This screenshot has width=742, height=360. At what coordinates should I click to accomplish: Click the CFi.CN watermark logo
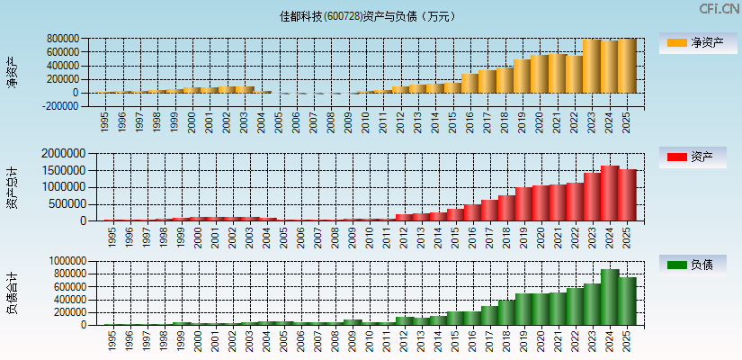(719, 9)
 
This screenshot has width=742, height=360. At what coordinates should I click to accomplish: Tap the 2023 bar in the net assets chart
(592, 66)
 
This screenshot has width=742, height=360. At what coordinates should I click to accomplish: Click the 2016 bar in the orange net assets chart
(470, 83)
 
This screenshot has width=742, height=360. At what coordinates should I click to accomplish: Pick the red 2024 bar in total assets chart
(610, 193)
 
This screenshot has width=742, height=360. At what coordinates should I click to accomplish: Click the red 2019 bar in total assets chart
(523, 203)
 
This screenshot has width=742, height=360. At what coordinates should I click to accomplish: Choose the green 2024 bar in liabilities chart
(610, 297)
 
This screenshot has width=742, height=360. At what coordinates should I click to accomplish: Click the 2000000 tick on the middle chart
(66, 154)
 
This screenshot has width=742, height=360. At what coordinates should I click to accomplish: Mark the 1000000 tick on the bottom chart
(66, 260)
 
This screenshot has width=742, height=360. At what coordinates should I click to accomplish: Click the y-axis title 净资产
(11, 72)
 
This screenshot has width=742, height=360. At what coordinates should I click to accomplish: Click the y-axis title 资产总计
(11, 187)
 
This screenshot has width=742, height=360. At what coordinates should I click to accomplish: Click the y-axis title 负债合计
(11, 292)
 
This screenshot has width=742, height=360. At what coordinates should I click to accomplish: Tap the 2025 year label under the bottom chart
(627, 339)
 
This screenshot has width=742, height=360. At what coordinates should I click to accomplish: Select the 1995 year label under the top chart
(104, 121)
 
